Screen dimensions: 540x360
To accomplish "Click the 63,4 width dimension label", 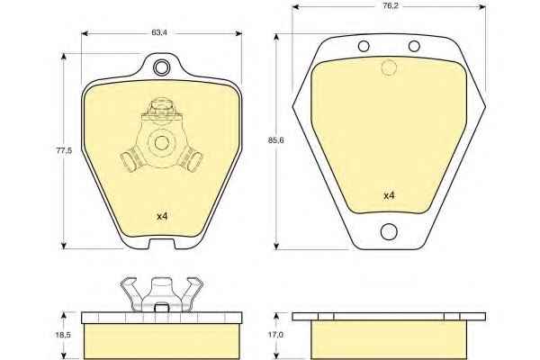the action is pos(158,32).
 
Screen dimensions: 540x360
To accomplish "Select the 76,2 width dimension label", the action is pos(391,6).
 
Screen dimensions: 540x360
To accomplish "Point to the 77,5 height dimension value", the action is pos(64,150).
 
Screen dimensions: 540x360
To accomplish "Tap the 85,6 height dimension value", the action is pos(275,140).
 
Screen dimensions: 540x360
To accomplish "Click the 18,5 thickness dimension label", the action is pos(63,335).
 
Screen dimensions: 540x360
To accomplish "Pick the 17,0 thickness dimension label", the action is pos(275,335).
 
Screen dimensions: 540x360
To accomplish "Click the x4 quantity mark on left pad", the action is pos(162,216).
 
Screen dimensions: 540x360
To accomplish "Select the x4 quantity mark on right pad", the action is pos(389,195).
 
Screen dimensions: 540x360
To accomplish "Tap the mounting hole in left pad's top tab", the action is pos(161,67).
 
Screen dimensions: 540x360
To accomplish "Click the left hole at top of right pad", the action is pos(364,46).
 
